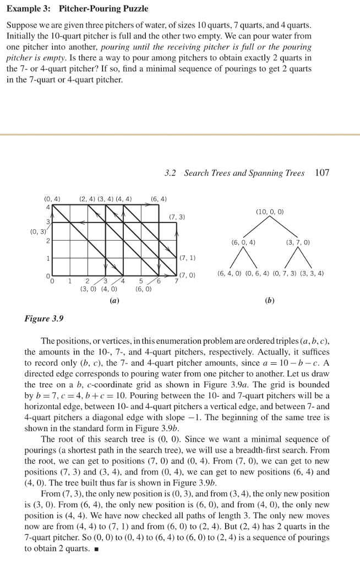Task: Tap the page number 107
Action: click(323, 173)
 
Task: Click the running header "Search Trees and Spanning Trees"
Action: click(244, 173)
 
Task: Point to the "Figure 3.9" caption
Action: click(44, 318)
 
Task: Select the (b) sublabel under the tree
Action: click(269, 301)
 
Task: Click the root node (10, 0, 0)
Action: click(270, 211)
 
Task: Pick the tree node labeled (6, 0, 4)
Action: click(243, 242)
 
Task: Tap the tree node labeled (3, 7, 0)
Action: click(298, 242)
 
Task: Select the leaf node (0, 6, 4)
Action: click(257, 273)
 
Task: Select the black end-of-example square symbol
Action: click(95, 549)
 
